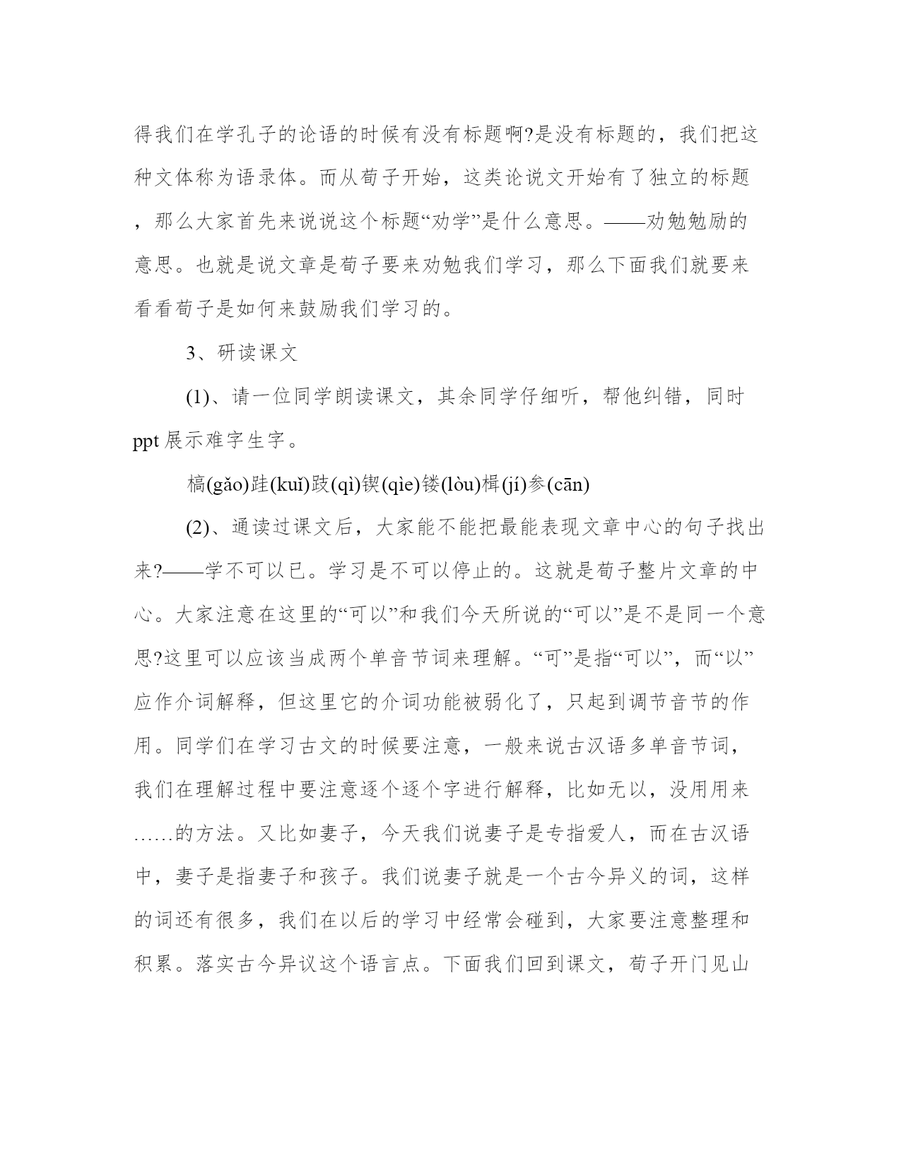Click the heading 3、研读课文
(x=242, y=353)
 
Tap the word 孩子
(x=342, y=877)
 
